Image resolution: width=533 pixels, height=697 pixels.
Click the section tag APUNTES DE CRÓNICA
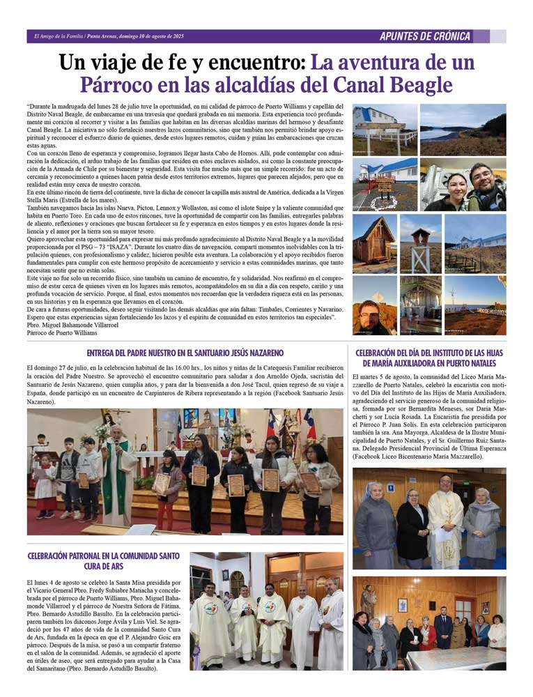pos(425,36)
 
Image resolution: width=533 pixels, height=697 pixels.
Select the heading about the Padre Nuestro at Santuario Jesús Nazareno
pos(185,353)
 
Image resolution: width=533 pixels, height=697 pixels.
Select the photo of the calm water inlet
pos(463,130)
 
